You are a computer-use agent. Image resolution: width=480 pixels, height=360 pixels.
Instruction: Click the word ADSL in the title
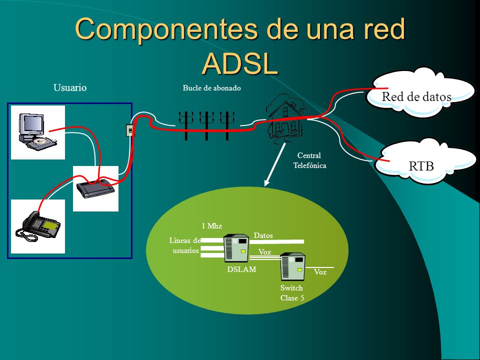click(240, 64)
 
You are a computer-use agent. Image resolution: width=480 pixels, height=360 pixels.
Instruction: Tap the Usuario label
click(70, 87)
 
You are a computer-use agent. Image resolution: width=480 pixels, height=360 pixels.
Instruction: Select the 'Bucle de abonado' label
click(212, 88)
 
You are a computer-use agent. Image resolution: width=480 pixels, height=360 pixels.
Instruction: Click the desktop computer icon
click(37, 131)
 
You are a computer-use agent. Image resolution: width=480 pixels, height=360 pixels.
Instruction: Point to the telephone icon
click(38, 226)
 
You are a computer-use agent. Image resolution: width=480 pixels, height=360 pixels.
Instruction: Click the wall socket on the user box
click(130, 130)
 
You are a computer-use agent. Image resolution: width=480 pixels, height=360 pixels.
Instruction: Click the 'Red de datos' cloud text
click(416, 96)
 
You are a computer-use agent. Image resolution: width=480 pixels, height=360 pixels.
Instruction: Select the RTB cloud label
click(421, 166)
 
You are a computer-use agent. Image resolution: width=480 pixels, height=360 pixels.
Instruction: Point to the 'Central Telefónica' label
click(310, 160)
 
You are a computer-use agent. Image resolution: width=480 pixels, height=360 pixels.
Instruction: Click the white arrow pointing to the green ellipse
click(275, 164)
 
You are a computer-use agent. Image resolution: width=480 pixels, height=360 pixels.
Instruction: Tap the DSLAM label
click(241, 269)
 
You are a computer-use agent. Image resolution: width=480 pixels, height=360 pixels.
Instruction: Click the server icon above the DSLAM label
click(236, 248)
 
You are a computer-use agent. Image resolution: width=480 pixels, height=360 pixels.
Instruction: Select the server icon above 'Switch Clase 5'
click(293, 266)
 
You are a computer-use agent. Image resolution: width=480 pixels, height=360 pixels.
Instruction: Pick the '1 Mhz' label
click(212, 226)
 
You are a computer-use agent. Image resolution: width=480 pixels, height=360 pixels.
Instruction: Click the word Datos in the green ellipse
click(263, 235)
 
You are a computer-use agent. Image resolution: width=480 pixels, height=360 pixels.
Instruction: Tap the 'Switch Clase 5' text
click(292, 293)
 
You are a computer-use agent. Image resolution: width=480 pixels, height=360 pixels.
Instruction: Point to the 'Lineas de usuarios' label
click(185, 245)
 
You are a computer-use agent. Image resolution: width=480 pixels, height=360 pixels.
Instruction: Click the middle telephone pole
click(206, 125)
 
